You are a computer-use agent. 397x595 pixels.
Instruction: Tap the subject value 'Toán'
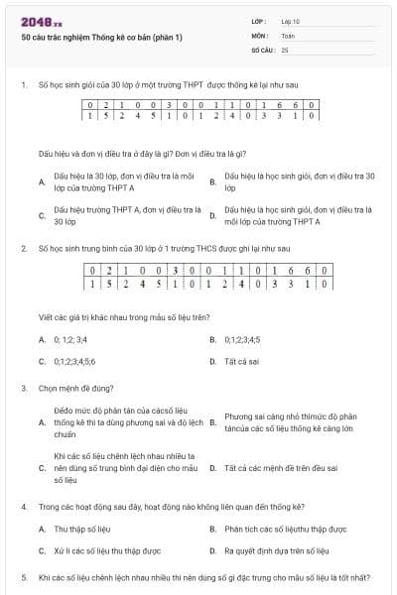tap(288, 35)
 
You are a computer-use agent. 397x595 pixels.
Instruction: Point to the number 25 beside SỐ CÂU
tap(285, 49)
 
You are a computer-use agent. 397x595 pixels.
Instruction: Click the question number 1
tap(23, 85)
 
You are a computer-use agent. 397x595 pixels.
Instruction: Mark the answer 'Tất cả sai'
tap(242, 362)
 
